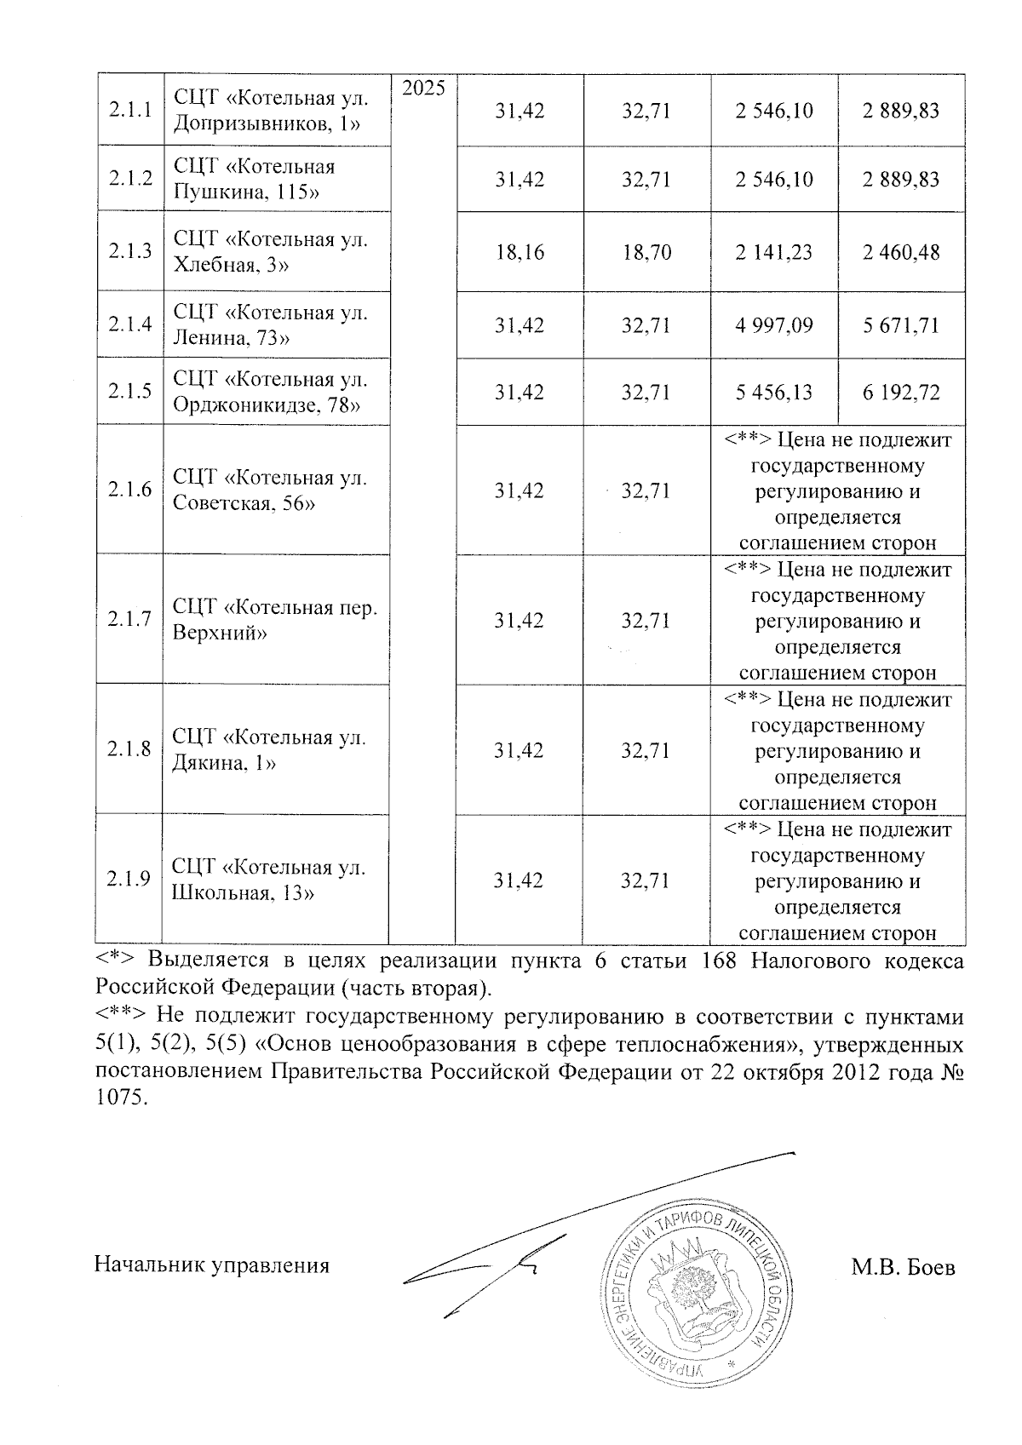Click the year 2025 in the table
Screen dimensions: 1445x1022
(x=423, y=89)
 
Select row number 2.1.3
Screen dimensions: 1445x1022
(x=130, y=252)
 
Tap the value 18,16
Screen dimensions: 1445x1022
(x=520, y=252)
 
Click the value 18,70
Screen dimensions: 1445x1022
(x=646, y=252)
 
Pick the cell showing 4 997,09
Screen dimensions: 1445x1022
(x=774, y=325)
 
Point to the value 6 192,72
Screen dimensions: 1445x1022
(x=901, y=392)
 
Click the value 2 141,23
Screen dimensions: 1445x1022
(x=774, y=252)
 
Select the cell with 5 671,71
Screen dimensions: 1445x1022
(x=901, y=325)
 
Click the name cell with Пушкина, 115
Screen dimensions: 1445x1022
(x=255, y=179)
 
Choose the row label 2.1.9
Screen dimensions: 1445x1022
(x=129, y=880)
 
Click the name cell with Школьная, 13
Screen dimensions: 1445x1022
(x=269, y=880)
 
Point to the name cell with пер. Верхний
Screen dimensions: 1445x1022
(x=274, y=620)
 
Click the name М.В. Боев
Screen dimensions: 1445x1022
(x=903, y=1268)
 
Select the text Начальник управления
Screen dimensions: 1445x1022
(x=211, y=1265)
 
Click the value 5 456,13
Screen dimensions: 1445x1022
(x=774, y=392)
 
